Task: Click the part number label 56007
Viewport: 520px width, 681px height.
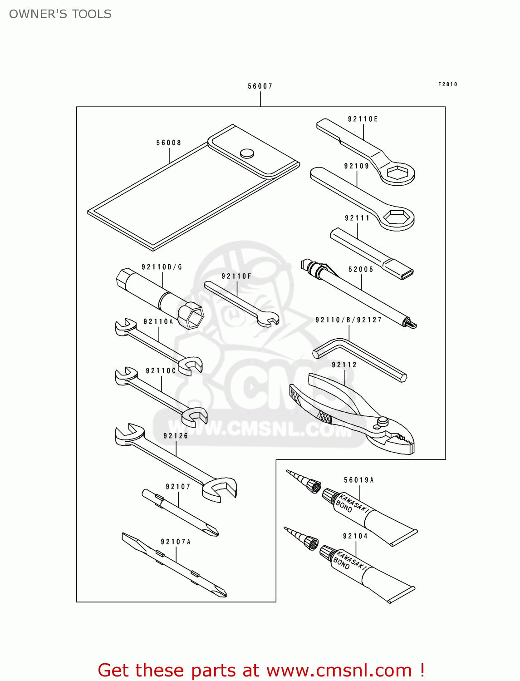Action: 260,86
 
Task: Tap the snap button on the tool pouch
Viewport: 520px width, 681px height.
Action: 247,153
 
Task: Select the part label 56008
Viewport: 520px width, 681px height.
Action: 169,143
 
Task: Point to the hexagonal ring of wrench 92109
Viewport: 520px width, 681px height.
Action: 397,219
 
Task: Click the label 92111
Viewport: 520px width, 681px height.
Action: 357,218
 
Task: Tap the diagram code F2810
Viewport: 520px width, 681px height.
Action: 447,84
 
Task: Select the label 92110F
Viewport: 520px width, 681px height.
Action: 236,276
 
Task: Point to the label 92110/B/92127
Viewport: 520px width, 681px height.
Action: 348,320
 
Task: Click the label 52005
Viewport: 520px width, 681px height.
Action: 361,269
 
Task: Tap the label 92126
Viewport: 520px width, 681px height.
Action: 176,436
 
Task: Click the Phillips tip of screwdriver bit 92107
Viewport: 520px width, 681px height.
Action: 212,530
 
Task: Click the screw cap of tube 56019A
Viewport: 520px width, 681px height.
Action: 330,495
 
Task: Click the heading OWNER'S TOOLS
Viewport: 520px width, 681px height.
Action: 60,14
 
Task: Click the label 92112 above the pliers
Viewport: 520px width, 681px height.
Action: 344,365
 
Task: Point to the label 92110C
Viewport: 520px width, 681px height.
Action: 161,371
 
